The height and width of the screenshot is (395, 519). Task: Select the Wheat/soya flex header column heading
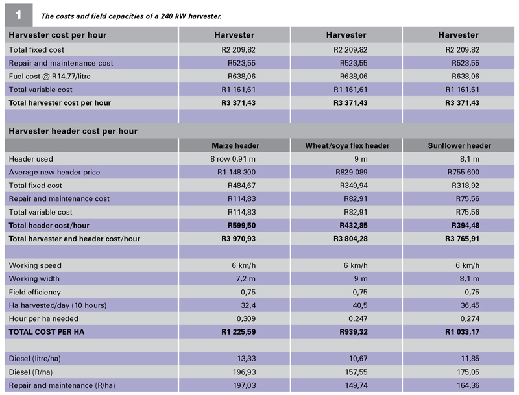[347, 145]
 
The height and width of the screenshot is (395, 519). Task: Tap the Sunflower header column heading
[459, 145]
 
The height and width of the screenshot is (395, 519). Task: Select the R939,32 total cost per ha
[353, 332]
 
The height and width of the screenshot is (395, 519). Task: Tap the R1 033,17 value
[462, 332]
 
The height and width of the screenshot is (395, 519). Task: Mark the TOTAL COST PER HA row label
[47, 332]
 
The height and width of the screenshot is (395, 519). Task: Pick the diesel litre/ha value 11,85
[469, 359]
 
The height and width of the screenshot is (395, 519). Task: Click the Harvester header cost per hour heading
[73, 131]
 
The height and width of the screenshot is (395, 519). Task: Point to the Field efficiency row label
[36, 292]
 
